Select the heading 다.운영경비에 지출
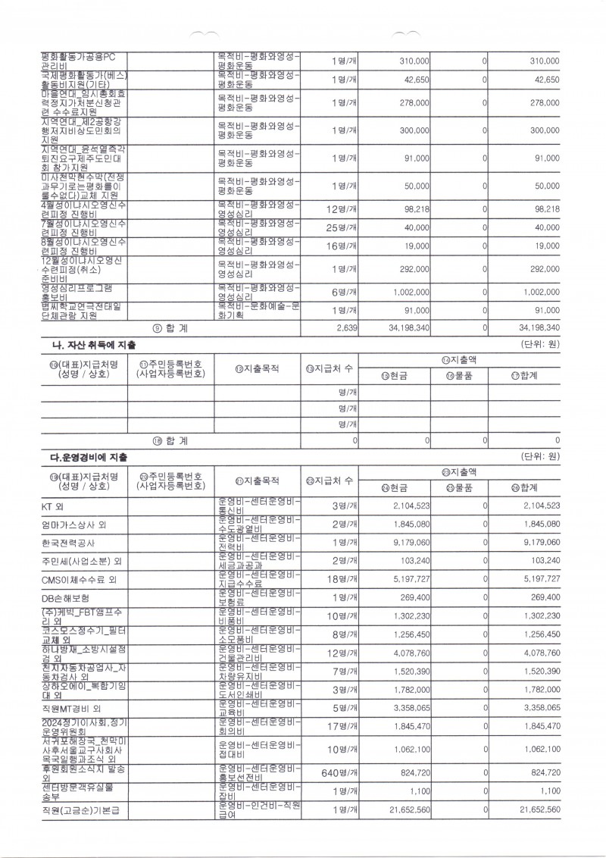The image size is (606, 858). click(x=89, y=457)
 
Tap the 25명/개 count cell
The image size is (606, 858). click(x=341, y=227)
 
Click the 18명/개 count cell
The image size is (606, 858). click(x=342, y=580)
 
